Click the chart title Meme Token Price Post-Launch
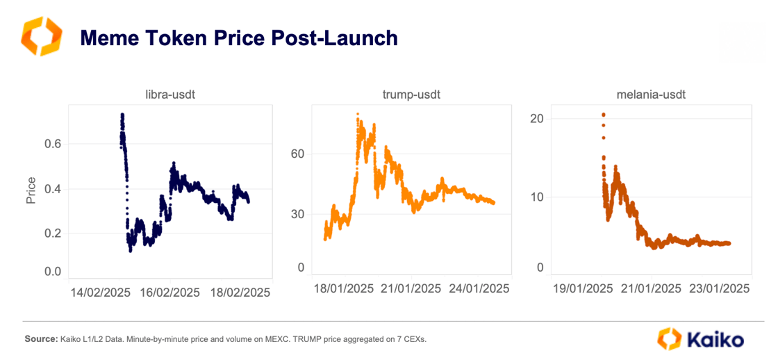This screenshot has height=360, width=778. (x=239, y=38)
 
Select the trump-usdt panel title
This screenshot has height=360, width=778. (x=411, y=95)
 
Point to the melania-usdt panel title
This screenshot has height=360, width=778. (x=651, y=95)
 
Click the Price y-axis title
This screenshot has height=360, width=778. (x=31, y=190)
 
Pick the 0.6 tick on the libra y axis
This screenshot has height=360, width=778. (x=53, y=144)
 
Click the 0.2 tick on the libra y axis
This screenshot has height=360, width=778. (x=53, y=233)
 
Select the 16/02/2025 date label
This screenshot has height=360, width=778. (x=170, y=293)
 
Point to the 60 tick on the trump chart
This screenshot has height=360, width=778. (x=297, y=154)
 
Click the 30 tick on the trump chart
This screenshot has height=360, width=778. (x=297, y=213)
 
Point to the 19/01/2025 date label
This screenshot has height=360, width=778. (x=583, y=288)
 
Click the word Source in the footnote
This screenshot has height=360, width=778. (x=40, y=339)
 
